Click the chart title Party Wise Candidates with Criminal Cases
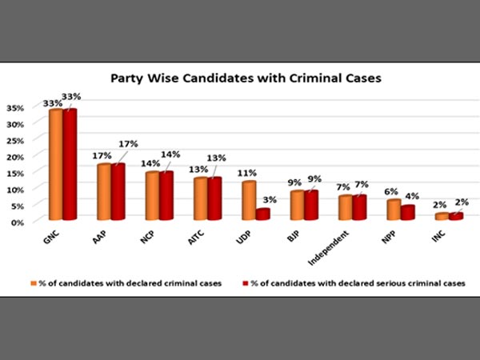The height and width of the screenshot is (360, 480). tap(239, 80)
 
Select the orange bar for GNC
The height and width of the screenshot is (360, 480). tap(56, 164)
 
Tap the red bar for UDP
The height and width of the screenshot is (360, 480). tap(263, 214)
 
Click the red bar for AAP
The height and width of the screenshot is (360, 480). tap(118, 191)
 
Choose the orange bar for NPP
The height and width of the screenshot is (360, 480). tap(393, 210)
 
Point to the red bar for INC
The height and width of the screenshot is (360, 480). tap(455, 216)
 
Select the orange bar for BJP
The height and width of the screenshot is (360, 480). tap(297, 205)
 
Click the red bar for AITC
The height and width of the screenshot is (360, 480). tap(214, 198)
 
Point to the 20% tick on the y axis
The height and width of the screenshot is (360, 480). tap(15, 157)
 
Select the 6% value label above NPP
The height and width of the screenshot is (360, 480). tap(390, 191)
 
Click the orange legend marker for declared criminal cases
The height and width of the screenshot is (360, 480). tap(34, 282)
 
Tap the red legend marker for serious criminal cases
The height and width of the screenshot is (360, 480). tap(245, 282)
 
